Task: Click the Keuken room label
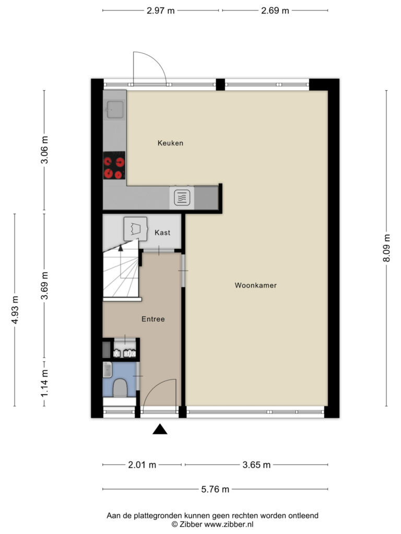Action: (170, 143)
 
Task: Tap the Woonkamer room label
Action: (255, 285)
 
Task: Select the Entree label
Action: (153, 319)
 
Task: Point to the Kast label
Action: (162, 233)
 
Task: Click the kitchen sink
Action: (115, 110)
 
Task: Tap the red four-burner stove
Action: (114, 165)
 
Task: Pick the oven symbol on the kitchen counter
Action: (182, 198)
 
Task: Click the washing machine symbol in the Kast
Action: (135, 228)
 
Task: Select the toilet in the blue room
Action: (120, 388)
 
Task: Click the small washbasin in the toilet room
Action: (108, 370)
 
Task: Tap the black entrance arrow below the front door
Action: (160, 429)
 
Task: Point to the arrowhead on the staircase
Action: (121, 248)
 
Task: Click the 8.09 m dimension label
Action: (387, 248)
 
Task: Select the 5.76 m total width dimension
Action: (215, 489)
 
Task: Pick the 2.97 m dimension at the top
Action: (161, 10)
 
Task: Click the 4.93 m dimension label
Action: (15, 310)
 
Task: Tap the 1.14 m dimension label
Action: (44, 383)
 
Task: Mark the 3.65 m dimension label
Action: (256, 465)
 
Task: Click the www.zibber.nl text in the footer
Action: (229, 525)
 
